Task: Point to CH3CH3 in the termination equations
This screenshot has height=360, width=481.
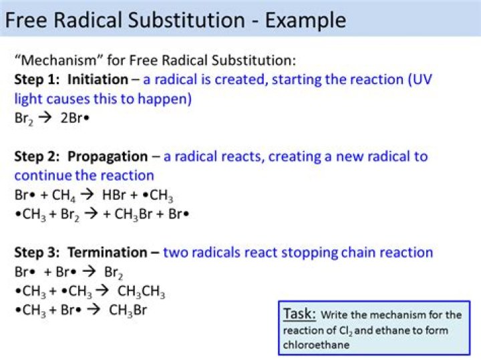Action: pyautogui.click(x=141, y=292)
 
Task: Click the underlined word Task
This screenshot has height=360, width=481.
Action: pyautogui.click(x=297, y=314)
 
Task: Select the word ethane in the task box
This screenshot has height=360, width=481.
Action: pyautogui.click(x=383, y=330)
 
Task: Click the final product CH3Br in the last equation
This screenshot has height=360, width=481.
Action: pyautogui.click(x=128, y=310)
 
